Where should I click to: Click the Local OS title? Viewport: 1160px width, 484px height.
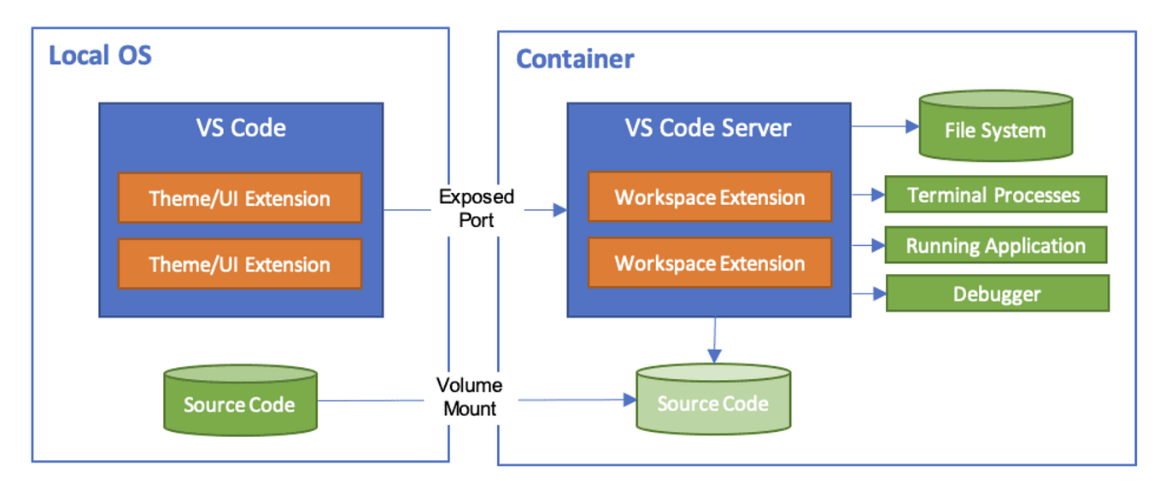tap(100, 56)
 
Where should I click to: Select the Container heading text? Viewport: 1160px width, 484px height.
tap(575, 59)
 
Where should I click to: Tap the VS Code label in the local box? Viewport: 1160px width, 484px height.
tap(240, 128)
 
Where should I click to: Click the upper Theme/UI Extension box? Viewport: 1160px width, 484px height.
tap(239, 198)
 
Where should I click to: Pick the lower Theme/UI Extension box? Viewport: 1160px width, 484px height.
tap(239, 264)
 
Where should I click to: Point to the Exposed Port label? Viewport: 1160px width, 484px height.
tap(477, 207)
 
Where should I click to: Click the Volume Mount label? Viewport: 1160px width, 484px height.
tap(469, 396)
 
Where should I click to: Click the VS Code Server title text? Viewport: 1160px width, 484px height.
tap(709, 128)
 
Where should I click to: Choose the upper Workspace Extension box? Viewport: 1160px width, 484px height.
tap(709, 197)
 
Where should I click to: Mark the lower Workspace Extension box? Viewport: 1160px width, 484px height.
tap(709, 263)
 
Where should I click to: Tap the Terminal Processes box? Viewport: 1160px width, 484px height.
tap(994, 195)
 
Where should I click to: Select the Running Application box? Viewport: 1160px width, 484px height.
tap(995, 246)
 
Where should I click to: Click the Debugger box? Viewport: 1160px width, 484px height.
tap(997, 294)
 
